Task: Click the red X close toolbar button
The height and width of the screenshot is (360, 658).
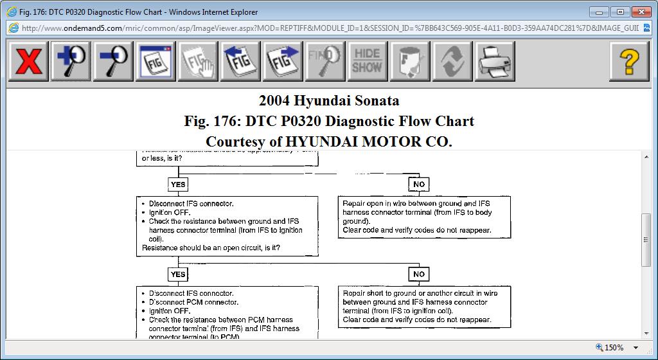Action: click(29, 62)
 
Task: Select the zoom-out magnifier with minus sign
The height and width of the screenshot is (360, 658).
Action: click(114, 62)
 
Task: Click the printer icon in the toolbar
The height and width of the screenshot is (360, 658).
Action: click(495, 62)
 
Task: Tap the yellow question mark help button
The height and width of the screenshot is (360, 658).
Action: click(630, 62)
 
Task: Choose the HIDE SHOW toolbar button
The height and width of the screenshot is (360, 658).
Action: click(368, 62)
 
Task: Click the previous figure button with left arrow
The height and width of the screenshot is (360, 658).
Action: click(240, 62)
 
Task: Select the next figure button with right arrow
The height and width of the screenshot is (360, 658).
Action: click(283, 62)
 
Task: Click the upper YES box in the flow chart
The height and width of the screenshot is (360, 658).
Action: click(178, 184)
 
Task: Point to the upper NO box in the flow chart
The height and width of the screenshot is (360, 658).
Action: click(419, 184)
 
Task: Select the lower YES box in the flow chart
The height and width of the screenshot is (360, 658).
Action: click(178, 274)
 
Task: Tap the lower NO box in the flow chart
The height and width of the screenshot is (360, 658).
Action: click(419, 274)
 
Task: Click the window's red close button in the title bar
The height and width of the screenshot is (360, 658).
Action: click(641, 12)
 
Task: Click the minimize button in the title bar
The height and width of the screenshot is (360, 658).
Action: click(601, 12)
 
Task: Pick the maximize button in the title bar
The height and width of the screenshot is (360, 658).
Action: click(620, 12)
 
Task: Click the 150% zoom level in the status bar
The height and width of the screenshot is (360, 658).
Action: click(614, 348)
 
